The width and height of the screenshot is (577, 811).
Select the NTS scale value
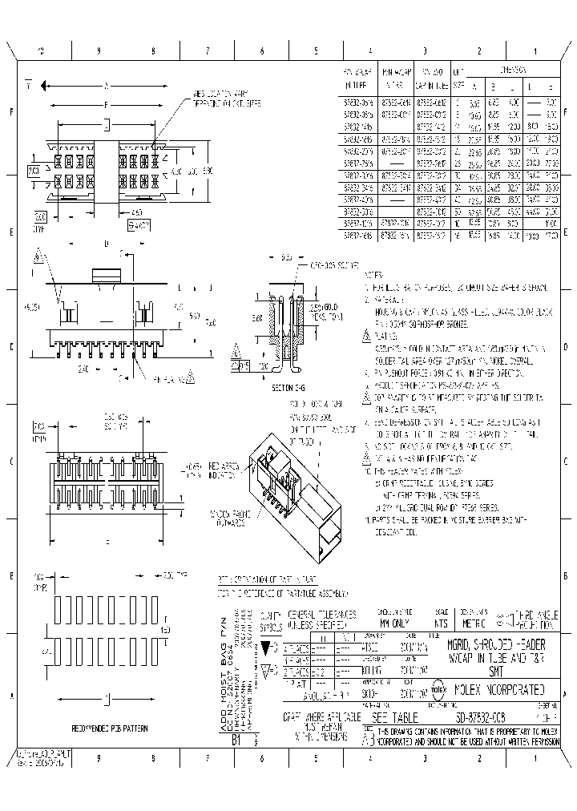441,622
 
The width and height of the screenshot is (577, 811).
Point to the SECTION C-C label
285,388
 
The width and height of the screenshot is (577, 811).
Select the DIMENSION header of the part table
513,71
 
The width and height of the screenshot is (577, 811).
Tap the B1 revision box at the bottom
236,741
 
